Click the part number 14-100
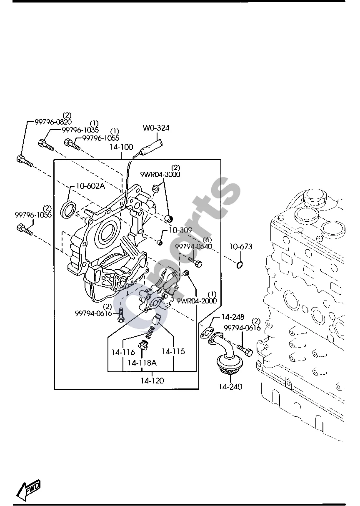121,147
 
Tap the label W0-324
156,128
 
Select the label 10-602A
90,186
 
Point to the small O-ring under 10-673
240,265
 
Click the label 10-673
241,247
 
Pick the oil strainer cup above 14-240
230,364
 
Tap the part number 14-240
230,387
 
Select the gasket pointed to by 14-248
206,333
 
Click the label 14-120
152,381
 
